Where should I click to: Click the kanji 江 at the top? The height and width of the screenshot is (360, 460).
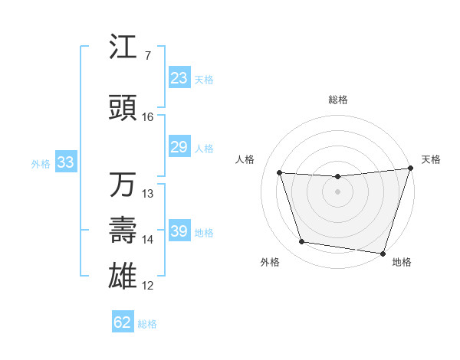point(123,47)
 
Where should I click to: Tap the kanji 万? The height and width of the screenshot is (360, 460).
point(123,185)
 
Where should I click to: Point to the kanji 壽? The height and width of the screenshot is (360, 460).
point(123,231)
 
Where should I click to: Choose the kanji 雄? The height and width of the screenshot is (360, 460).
point(123,276)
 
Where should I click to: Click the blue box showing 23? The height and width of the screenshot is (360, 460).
point(179,78)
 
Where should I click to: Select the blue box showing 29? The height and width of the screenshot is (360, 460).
point(179,147)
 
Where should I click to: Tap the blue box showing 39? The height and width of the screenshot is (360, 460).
point(179,231)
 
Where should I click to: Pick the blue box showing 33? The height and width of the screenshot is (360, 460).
point(65,162)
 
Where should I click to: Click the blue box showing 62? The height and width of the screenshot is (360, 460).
point(123,322)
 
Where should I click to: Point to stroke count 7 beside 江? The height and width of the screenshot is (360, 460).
point(148,56)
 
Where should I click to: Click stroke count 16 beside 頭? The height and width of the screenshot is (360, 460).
point(148,117)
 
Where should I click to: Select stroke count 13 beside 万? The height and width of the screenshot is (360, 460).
point(148,194)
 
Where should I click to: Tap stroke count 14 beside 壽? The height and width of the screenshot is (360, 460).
point(148,240)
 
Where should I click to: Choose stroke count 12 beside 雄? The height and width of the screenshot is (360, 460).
point(148,286)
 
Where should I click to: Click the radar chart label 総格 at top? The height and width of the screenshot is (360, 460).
point(338,100)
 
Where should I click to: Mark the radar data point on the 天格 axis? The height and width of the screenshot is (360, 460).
point(410,169)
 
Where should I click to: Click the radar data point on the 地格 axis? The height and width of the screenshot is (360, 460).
point(383,253)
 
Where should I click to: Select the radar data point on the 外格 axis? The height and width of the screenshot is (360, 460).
point(301,242)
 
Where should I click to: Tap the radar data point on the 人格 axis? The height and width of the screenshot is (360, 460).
point(280,173)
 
